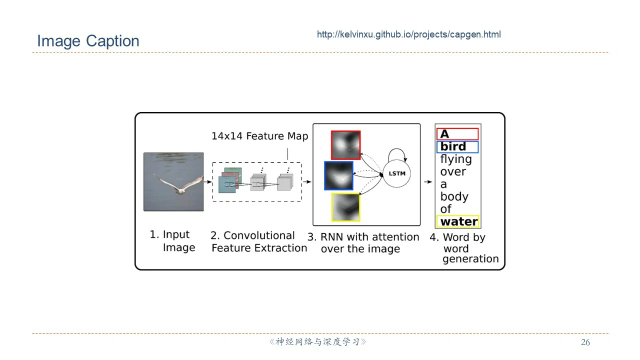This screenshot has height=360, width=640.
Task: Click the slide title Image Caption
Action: tap(88, 41)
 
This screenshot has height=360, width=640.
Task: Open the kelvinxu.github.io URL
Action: tap(408, 34)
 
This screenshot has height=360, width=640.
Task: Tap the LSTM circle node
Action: tap(396, 173)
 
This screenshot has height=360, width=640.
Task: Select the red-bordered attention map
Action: tap(345, 145)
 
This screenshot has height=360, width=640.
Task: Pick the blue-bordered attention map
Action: tap(338, 175)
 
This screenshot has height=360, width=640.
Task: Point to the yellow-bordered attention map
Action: tap(345, 207)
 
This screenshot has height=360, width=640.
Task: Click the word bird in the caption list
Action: tap(453, 146)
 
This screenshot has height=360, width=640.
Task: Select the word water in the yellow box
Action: tap(458, 221)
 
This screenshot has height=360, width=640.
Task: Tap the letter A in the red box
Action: tap(444, 134)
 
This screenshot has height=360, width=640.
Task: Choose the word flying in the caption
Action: tap(455, 159)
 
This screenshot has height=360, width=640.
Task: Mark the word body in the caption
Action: tap(454, 196)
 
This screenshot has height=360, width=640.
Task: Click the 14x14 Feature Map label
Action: tap(259, 136)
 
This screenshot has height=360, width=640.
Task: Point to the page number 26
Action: tap(585, 342)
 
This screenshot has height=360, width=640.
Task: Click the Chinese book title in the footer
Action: tap(318, 342)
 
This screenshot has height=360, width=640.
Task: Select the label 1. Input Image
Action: tap(172, 241)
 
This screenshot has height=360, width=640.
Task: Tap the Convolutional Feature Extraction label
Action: tap(258, 241)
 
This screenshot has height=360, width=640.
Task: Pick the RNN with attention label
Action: tap(363, 242)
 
